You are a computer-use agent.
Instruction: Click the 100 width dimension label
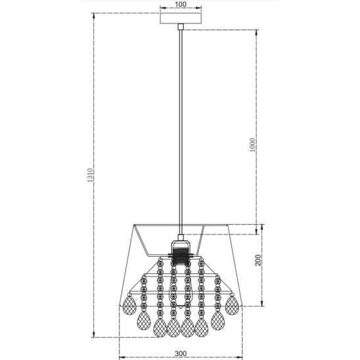(x=181, y=4)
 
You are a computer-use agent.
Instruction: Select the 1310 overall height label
(x=90, y=175)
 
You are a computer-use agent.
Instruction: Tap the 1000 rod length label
(x=252, y=145)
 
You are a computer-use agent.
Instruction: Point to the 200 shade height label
(x=259, y=260)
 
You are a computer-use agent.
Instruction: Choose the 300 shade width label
(x=181, y=353)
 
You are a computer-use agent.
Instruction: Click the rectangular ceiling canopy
(x=181, y=18)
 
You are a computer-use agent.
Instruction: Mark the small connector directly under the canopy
(x=181, y=27)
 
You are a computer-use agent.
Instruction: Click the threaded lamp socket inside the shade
(x=181, y=252)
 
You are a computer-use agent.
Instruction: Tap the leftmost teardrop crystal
(x=129, y=305)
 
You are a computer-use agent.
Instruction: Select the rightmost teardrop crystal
(x=232, y=305)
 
